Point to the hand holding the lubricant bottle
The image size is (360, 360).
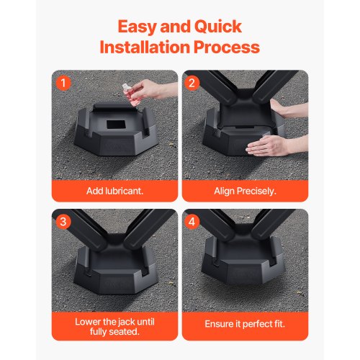point(148,90)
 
